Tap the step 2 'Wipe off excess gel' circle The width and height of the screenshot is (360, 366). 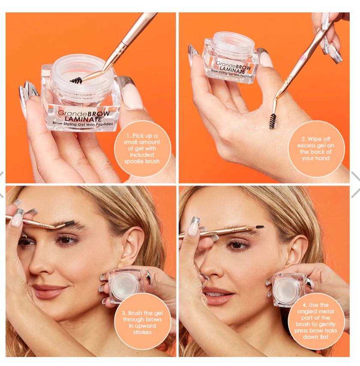tap(316, 149)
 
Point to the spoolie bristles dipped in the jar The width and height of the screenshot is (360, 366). tap(76, 80)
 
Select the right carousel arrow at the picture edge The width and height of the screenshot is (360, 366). tap(355, 184)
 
